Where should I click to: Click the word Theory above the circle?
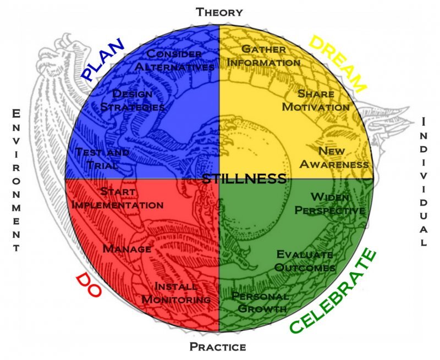point(219,12)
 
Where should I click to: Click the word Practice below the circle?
point(218,347)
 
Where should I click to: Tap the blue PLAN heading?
point(103,59)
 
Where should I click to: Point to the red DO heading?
point(88,285)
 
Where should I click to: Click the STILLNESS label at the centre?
point(244,179)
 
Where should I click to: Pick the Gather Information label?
point(264,56)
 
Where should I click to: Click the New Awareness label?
point(334,157)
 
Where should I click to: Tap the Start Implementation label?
point(118,198)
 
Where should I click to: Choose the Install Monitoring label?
point(177,293)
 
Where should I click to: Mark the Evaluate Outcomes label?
point(305,261)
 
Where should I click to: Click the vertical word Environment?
point(16,181)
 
